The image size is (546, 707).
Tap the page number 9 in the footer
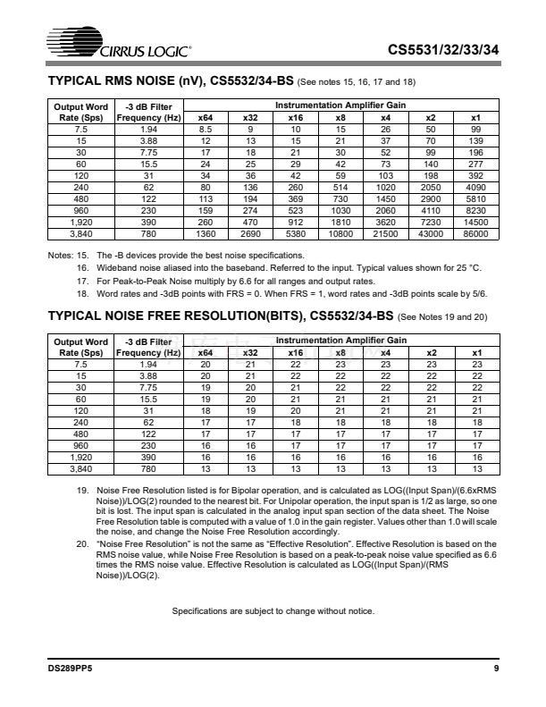click(495, 668)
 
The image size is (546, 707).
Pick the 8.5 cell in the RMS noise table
click(205, 130)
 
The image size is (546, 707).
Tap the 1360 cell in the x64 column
click(205, 234)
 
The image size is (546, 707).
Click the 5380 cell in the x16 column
click(294, 234)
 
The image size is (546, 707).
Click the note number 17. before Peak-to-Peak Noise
click(83, 281)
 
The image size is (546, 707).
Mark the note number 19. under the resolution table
click(83, 488)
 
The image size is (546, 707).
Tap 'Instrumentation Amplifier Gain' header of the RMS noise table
click(340, 105)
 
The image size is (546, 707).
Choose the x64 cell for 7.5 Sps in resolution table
click(205, 365)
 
